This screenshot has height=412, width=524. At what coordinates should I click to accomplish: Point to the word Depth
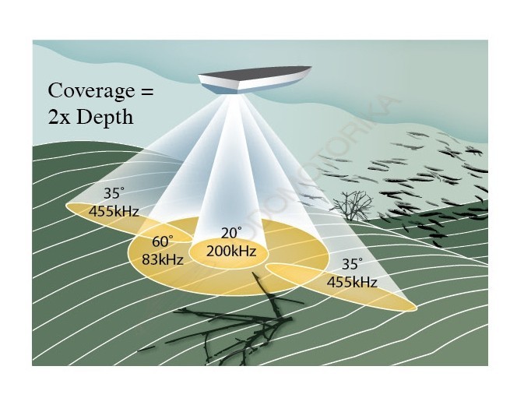[105, 117]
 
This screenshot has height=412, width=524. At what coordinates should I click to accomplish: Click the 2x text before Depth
[61, 117]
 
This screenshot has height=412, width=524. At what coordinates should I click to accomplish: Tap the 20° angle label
[230, 233]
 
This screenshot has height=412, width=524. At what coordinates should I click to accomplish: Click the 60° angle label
[162, 242]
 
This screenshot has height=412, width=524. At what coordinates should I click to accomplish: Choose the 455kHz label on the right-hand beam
[352, 282]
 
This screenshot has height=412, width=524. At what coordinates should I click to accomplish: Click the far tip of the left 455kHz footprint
[69, 206]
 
